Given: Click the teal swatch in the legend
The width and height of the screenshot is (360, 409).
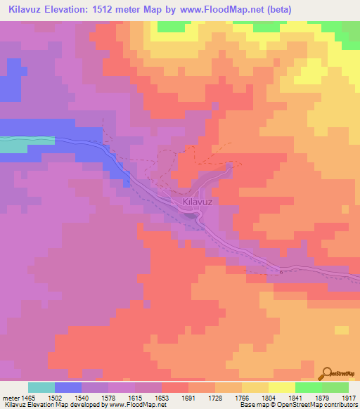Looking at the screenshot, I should pyautogui.click(x=41, y=387).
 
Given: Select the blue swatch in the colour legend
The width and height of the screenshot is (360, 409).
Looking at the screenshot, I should pyautogui.click(x=67, y=387).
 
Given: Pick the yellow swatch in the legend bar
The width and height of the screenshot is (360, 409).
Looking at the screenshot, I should pyautogui.click(x=281, y=387).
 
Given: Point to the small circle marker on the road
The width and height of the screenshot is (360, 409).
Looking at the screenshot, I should pyautogui.click(x=281, y=272).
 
